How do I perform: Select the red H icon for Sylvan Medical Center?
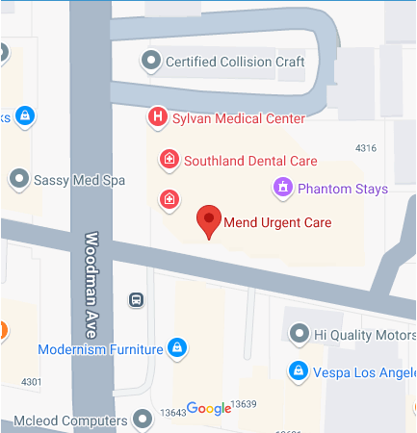[x=156, y=117]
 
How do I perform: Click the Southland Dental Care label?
[x=249, y=161]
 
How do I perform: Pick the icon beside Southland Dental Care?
[x=169, y=159]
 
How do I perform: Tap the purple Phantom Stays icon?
[x=282, y=188]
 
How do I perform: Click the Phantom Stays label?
[x=343, y=189]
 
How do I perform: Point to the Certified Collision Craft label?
[x=235, y=63]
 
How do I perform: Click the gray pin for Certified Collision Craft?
[x=150, y=63]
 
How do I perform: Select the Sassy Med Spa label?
[x=79, y=178]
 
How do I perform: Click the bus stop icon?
[x=137, y=300]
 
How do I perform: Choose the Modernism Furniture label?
[x=99, y=347]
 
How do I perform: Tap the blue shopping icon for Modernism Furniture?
[x=176, y=346]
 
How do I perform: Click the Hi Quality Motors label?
[x=364, y=335]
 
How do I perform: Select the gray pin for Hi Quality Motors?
[x=299, y=335]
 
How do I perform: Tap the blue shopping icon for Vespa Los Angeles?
[x=298, y=371]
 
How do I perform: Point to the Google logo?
[x=208, y=408]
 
